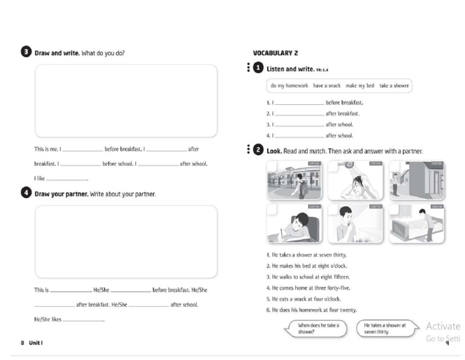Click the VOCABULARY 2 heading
275,53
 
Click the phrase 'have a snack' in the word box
326,86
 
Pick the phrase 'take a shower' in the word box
394,86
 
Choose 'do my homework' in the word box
289,86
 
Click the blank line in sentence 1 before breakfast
300,104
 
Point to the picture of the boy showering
355,181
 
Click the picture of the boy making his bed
417,224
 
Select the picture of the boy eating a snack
355,224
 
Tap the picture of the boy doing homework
294,224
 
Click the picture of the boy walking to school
294,181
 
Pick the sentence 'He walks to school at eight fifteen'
308,277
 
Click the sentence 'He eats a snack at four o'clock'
303,299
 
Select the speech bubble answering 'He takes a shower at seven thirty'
386,328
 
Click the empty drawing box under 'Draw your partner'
125,241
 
